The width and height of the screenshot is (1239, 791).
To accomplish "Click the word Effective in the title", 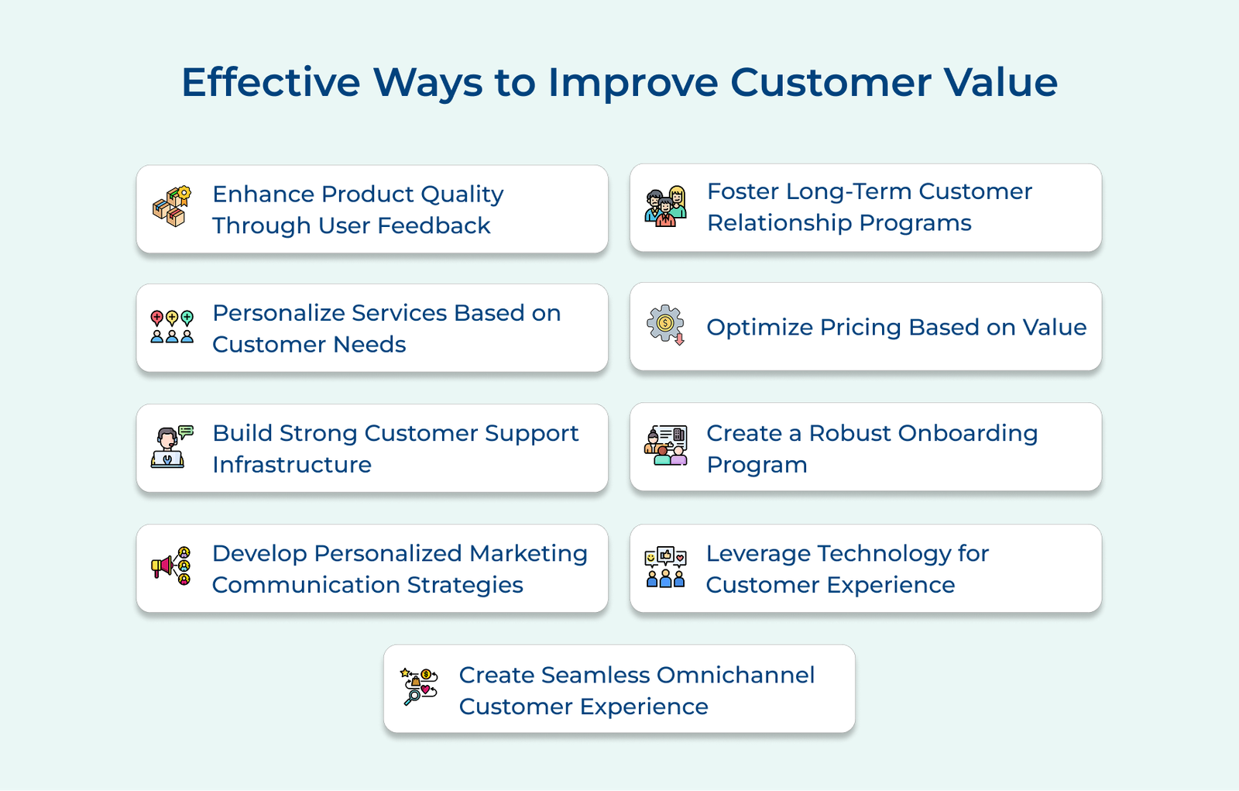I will [x=271, y=82].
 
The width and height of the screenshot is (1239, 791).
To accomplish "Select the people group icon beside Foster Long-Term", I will [x=666, y=206].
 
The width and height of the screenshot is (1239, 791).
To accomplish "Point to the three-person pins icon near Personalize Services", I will [x=172, y=327].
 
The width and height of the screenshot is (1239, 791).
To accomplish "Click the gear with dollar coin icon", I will [x=666, y=325].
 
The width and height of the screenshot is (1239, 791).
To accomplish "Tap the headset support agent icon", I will [x=171, y=447].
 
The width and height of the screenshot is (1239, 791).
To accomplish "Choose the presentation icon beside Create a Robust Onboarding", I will [x=666, y=445].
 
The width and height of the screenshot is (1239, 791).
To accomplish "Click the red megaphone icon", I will [x=171, y=566].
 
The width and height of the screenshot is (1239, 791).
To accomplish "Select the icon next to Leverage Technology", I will [x=666, y=567].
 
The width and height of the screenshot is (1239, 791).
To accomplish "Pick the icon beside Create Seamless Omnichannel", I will [x=419, y=686].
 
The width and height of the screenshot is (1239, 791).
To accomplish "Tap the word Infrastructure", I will [x=292, y=465].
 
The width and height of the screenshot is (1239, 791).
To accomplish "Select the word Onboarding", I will [x=968, y=433].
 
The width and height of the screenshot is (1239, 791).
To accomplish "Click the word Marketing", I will [x=528, y=554].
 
